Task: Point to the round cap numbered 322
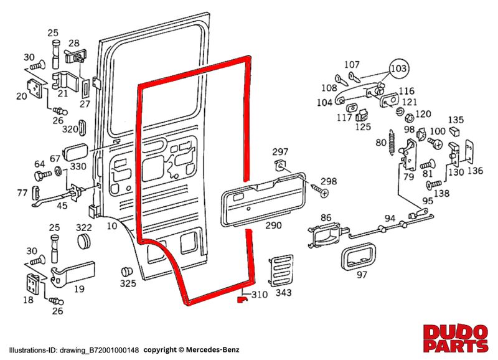(x=83, y=242)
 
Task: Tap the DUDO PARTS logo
(x=456, y=338)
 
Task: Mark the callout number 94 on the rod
(x=390, y=219)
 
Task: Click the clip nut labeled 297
(x=280, y=166)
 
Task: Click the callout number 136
(x=476, y=171)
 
